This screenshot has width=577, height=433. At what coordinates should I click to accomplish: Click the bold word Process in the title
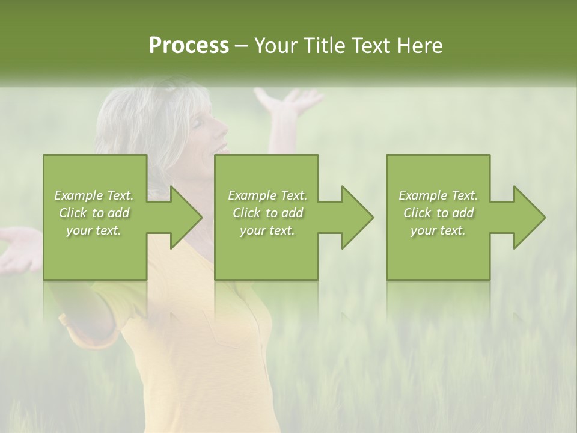(x=189, y=46)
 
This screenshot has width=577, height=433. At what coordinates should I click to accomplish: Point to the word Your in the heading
(x=278, y=46)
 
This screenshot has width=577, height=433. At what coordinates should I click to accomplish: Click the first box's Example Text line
(x=94, y=195)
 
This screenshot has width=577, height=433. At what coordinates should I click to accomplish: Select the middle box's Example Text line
(x=267, y=195)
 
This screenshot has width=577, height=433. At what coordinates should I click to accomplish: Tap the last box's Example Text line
(x=438, y=195)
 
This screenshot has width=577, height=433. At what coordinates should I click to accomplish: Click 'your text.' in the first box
(x=94, y=230)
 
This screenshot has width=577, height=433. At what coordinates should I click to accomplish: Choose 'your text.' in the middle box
(x=267, y=230)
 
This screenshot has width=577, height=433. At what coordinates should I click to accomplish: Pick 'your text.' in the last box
(x=438, y=230)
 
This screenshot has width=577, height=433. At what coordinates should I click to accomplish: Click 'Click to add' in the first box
(x=94, y=213)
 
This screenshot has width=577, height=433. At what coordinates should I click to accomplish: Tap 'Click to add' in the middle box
(x=267, y=213)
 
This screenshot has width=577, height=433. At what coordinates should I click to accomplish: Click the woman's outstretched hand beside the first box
(x=18, y=248)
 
